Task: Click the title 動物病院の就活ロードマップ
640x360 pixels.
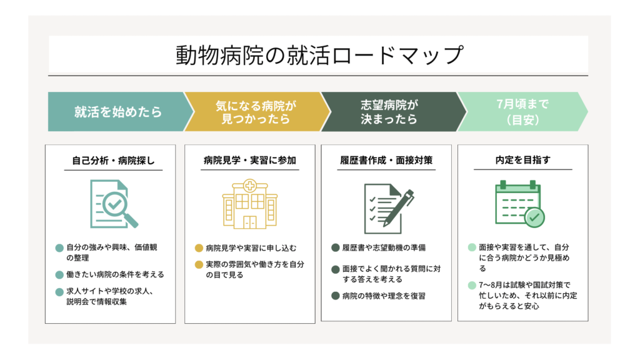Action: (x=319, y=55)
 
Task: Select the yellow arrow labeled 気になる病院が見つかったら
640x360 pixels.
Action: (x=256, y=111)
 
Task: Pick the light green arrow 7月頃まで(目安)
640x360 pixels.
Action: (x=522, y=111)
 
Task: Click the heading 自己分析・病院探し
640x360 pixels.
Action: (x=113, y=161)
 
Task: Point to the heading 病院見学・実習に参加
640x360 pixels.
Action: (x=250, y=160)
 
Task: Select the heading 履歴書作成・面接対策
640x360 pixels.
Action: (x=386, y=160)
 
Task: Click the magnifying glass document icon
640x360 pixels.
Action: (x=114, y=204)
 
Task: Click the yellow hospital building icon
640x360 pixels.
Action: (x=250, y=204)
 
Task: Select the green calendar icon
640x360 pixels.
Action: (x=519, y=204)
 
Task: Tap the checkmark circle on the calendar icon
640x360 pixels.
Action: (x=534, y=217)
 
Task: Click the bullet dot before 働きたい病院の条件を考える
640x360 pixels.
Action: (x=59, y=275)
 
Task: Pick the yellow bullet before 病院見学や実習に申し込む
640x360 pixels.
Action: (x=199, y=248)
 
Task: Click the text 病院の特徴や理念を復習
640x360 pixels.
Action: (x=384, y=296)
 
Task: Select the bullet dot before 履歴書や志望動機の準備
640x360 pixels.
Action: (x=336, y=247)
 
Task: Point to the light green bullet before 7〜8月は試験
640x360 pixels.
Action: (x=472, y=285)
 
